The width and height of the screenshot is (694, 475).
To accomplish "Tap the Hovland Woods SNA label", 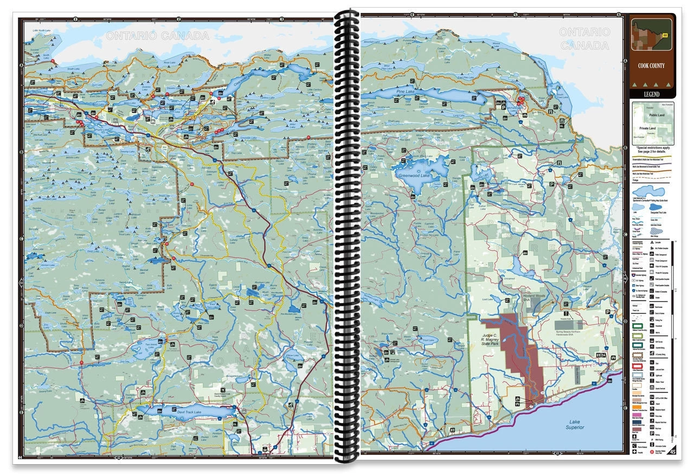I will coord(536,295).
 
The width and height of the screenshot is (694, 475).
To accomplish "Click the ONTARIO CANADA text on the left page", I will coord(157,36).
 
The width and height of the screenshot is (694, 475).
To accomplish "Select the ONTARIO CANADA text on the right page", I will coord(583,39).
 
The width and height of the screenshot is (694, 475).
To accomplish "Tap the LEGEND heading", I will coord(651,94).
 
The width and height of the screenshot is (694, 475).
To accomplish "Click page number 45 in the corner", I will coord(672,452).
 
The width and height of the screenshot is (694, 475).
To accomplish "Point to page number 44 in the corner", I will coord(21,457).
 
